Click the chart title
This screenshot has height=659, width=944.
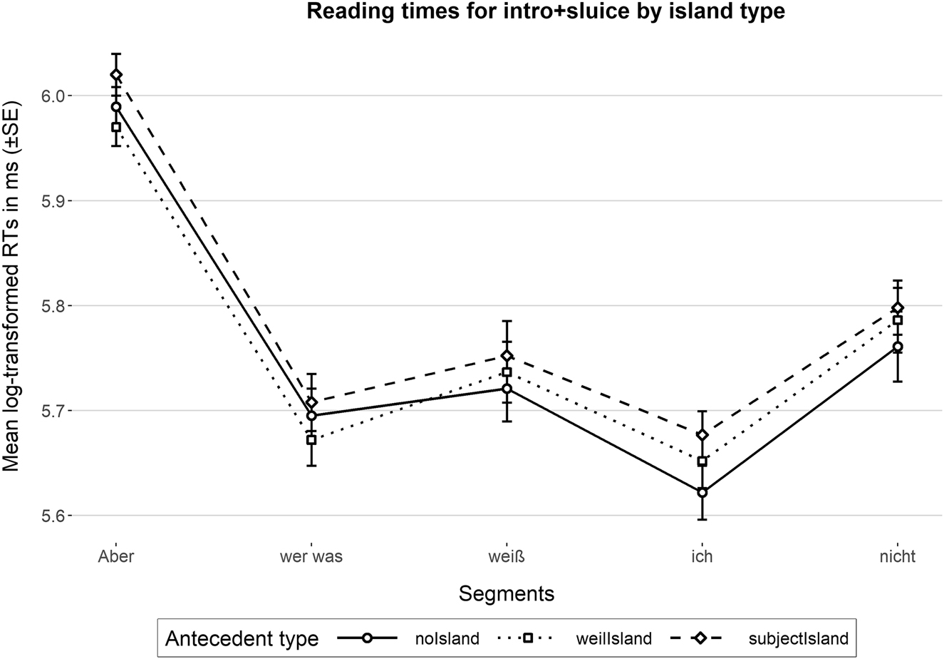click(545, 11)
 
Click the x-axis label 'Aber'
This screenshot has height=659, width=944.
click(115, 557)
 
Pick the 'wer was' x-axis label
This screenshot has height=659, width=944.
click(311, 557)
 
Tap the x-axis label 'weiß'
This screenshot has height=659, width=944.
click(507, 557)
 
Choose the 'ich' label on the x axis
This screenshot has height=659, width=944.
click(702, 557)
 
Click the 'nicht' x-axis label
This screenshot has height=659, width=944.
click(898, 557)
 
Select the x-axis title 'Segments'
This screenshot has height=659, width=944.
click(507, 593)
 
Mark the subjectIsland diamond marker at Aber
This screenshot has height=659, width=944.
click(115, 75)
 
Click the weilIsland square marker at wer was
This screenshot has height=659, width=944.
click(311, 440)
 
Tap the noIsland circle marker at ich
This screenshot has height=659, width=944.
click(702, 492)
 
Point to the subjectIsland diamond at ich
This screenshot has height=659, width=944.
click(702, 435)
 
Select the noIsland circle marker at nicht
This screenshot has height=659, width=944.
click(898, 347)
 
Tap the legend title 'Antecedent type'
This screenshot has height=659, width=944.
click(242, 638)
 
